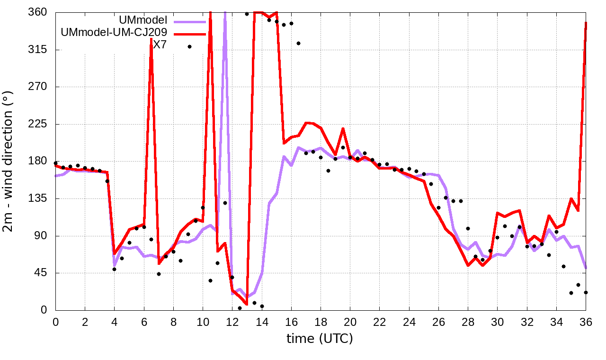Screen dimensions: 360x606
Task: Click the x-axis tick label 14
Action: pos(261,322)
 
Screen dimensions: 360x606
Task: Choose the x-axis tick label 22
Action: pos(379,322)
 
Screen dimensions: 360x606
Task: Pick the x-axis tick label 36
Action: pos(586,322)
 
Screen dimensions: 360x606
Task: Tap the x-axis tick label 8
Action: pos(173,322)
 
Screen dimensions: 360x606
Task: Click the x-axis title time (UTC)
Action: pos(320,338)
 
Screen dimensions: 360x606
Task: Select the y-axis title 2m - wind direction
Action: pos(10,161)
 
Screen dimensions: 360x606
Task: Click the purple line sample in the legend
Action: pos(189,21)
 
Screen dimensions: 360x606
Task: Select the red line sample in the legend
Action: pos(189,34)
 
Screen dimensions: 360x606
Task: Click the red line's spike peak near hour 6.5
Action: pos(151,39)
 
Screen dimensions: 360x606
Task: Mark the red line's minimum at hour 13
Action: pos(247,304)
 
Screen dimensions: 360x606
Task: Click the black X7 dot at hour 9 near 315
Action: pos(189,46)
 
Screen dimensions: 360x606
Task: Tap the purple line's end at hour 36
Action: pos(586,269)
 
